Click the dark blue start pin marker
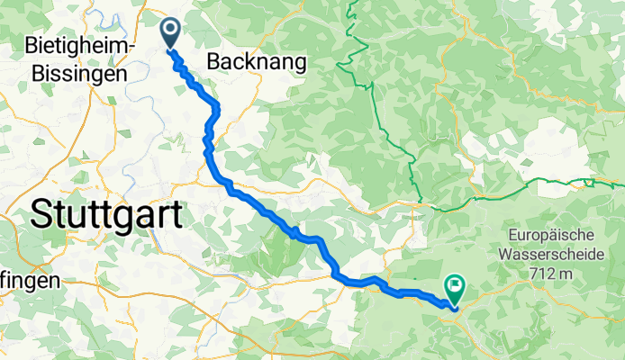[169, 32]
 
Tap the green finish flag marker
[455, 290]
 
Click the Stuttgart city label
[105, 214]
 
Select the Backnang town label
[257, 61]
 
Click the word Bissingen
[76, 75]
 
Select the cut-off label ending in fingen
[29, 281]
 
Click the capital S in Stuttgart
[41, 214]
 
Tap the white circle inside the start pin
[169, 29]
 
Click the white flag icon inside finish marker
[455, 288]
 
